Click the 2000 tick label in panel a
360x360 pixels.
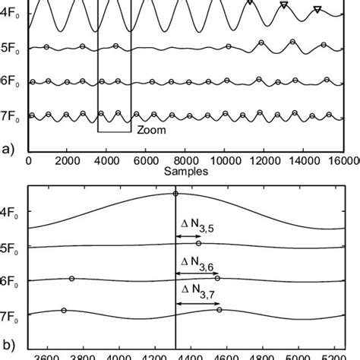coord(67,161)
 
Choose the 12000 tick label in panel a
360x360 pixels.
coord(265,161)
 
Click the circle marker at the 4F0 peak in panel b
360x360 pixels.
coord(175,194)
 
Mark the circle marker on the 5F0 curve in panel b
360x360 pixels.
coord(198,244)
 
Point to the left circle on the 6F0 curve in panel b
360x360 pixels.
coord(71,279)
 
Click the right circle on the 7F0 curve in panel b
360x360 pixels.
coord(219,309)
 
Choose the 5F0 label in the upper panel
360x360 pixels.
coord(11,52)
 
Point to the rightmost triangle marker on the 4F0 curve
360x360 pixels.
coord(317,10)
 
